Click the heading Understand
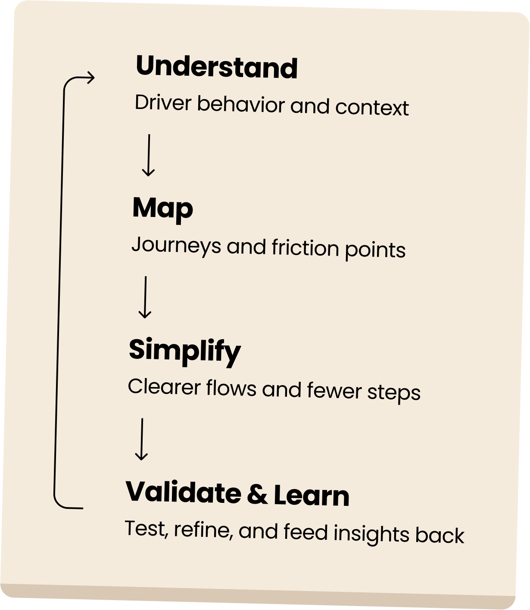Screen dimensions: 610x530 tap(216, 68)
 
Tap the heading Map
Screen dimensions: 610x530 tap(162, 208)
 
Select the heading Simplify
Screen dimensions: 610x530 tap(184, 351)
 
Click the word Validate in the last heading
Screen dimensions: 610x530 tap(183, 492)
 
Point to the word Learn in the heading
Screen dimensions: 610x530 tap(311, 495)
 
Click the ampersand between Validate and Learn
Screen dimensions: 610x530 tap(257, 495)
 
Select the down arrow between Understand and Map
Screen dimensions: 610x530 tap(148, 155)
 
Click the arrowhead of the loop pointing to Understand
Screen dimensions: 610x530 tap(90, 78)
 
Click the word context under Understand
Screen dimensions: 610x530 tap(372, 108)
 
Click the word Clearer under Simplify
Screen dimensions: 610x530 tap(164, 387)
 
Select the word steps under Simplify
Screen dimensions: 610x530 tap(394, 393)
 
